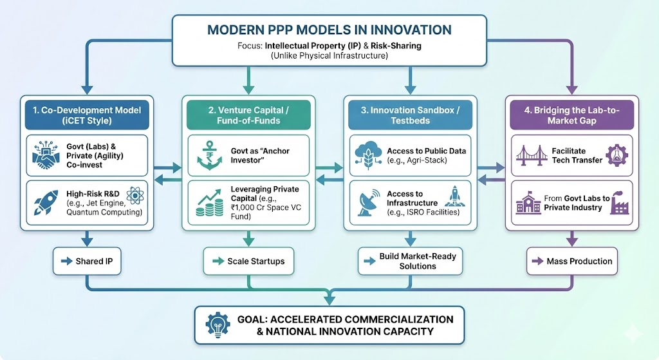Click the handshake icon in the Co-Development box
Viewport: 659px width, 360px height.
(44, 156)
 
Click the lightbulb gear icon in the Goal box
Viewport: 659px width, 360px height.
(216, 325)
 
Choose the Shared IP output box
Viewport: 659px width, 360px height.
(86, 261)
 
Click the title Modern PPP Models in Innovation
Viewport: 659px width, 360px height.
(328, 30)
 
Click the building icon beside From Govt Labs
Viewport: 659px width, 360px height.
(528, 203)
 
